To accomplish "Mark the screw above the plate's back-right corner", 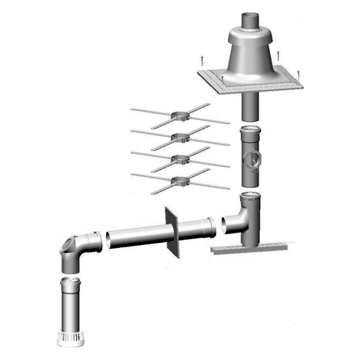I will coord(278,53).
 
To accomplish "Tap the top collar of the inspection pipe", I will coord(251,132).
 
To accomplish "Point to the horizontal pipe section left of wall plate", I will coord(136,240).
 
